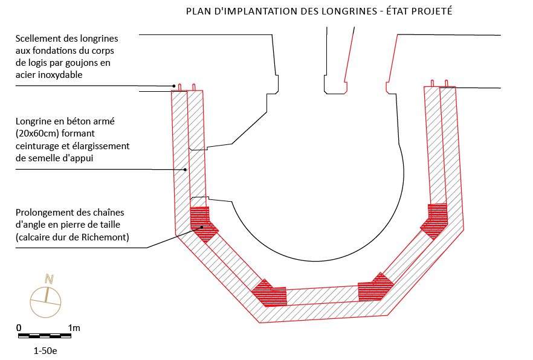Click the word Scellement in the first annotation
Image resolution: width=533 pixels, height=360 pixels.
click(x=37, y=39)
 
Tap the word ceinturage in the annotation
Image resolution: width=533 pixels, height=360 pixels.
click(x=37, y=146)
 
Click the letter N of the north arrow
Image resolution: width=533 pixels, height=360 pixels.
click(x=50, y=278)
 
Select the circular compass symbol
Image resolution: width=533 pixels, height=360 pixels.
click(x=46, y=300)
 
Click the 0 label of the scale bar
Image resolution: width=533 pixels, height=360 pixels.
click(x=19, y=327)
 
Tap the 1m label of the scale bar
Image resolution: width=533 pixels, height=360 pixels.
click(x=74, y=327)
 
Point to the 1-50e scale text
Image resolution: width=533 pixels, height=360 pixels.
click(x=46, y=350)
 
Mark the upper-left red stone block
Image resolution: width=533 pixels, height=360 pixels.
click(x=203, y=223)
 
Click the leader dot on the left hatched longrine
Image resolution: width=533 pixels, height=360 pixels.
click(x=186, y=170)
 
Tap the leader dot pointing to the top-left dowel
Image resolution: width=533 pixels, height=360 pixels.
click(x=174, y=86)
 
